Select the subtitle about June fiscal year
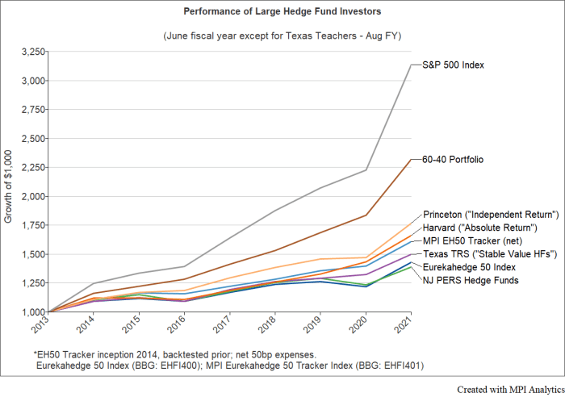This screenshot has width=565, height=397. pyautogui.click(x=282, y=36)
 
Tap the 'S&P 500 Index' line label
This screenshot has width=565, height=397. pyautogui.click(x=452, y=65)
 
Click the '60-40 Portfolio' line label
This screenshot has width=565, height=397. pyautogui.click(x=453, y=160)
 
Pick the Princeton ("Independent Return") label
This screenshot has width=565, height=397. pyautogui.click(x=491, y=215)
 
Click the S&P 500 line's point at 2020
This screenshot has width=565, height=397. pyautogui.click(x=367, y=170)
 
